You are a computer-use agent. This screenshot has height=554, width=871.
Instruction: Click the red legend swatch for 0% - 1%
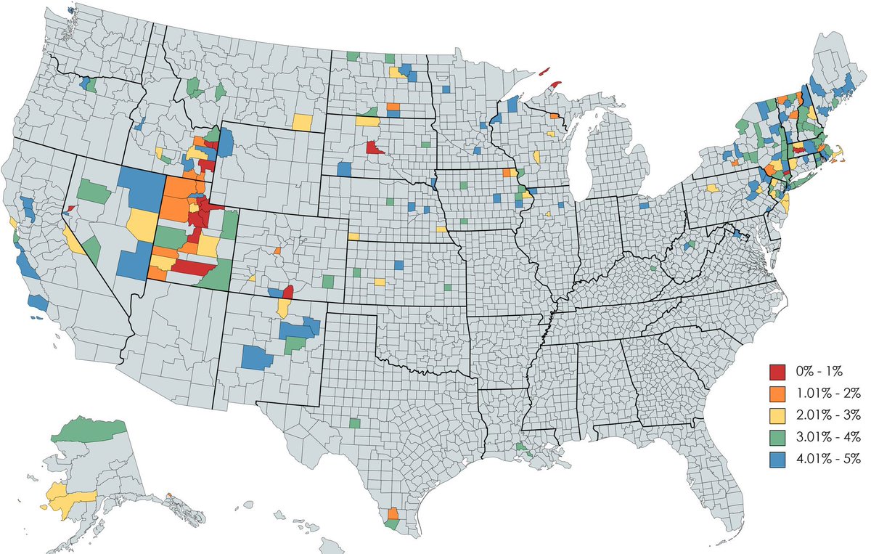tap(779, 372)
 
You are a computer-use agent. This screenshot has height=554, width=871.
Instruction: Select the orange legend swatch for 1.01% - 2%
tap(779, 394)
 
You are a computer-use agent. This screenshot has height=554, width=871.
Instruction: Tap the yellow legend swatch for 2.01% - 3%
tap(779, 415)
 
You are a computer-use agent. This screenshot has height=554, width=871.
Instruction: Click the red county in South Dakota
tap(375, 148)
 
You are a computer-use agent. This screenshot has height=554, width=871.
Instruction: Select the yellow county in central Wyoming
tap(303, 121)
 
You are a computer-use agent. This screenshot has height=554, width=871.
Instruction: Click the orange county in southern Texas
tap(393, 513)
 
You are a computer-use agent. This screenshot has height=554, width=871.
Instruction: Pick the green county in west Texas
tap(354, 423)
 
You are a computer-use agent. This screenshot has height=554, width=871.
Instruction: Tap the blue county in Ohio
tap(643, 205)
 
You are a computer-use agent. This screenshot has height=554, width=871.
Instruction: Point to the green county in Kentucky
tap(654, 268)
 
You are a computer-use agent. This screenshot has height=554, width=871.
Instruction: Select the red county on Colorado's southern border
tap(287, 293)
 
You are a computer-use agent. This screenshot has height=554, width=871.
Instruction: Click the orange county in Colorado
tap(278, 250)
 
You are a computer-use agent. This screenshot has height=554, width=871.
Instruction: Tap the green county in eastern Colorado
tap(329, 281)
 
